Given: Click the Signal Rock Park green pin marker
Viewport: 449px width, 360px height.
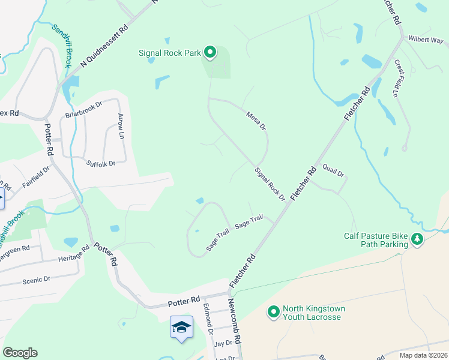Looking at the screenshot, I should point(210,53).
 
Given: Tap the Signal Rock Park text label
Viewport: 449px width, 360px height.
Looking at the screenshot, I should point(170,53).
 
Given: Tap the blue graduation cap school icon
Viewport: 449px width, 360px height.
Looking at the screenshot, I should point(181,328).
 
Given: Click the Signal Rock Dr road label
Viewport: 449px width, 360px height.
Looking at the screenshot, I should point(269,184).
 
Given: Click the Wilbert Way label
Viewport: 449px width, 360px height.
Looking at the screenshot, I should point(426,40).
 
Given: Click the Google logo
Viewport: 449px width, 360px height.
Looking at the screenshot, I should point(20,353).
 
